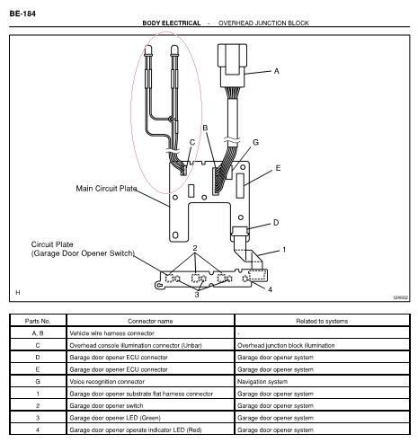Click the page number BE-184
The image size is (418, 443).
coord(22,13)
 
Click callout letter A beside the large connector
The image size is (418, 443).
coord(276,71)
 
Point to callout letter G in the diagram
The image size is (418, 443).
coord(255,142)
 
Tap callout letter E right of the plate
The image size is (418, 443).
coord(278,168)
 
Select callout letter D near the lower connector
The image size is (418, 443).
coord(276,223)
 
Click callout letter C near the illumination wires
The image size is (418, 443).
coord(192,143)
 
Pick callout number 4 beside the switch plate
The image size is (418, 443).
coord(270,289)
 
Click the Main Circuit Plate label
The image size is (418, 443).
coord(106,189)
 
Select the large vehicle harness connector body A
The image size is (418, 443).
coord(233,66)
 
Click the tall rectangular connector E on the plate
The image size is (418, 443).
coord(240,186)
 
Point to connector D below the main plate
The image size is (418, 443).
coord(240,233)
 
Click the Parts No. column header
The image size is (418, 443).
coord(38,321)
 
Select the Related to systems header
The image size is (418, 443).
coord(322,321)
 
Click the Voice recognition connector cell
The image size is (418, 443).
coord(107,382)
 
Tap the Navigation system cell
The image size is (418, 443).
coord(262,382)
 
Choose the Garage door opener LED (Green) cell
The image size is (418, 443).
coord(115,418)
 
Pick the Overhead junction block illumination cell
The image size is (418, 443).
coord(286,345)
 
